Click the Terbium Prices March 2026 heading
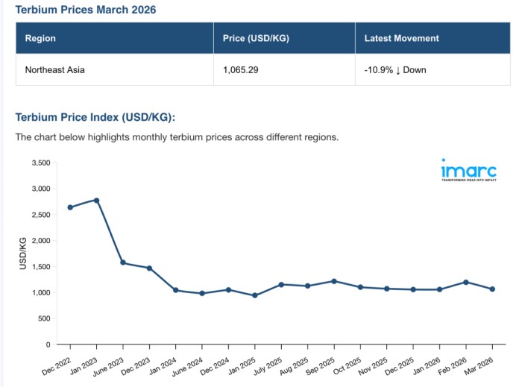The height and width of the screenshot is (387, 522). pyautogui.click(x=86, y=10)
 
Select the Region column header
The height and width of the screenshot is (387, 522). pyautogui.click(x=40, y=38)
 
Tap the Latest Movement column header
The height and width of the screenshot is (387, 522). pyautogui.click(x=402, y=38)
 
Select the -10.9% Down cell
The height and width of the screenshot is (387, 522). pyautogui.click(x=395, y=70)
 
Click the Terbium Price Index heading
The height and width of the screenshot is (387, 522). pyautogui.click(x=95, y=117)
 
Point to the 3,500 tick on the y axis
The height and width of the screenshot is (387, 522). pyautogui.click(x=39, y=163)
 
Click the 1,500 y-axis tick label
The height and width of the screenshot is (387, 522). pyautogui.click(x=39, y=267)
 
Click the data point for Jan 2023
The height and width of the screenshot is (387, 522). pyautogui.click(x=96, y=200)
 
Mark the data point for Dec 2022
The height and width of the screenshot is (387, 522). pyautogui.click(x=70, y=207)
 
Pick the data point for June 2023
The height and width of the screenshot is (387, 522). pyautogui.click(x=123, y=263)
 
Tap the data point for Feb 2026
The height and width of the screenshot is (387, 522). pyautogui.click(x=466, y=282)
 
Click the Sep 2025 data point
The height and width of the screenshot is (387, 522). pyautogui.click(x=334, y=281)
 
